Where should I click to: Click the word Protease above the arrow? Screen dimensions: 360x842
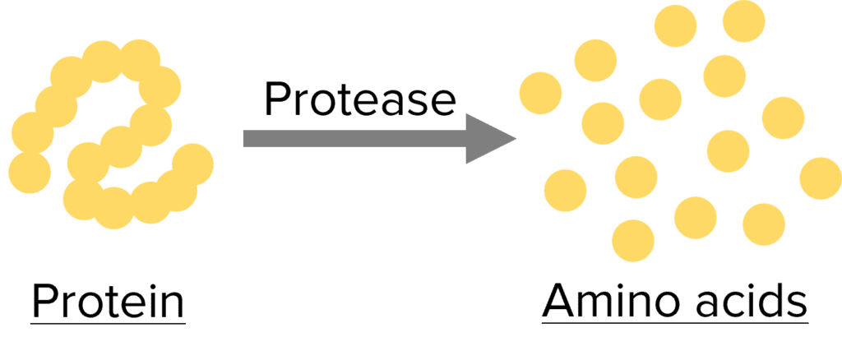(359, 100)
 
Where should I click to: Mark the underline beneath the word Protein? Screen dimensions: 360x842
(107, 321)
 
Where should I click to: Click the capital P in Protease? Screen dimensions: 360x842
(275, 100)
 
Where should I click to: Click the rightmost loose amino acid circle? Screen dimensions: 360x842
(821, 178)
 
